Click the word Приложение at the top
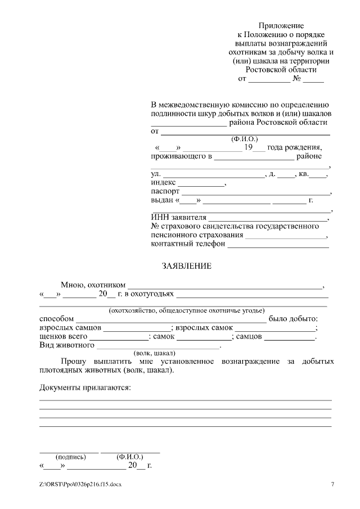pyautogui.click(x=281, y=26)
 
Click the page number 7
pyautogui.click(x=332, y=484)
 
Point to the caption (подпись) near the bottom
pyautogui.click(x=69, y=457)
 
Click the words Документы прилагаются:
pyautogui.click(x=84, y=388)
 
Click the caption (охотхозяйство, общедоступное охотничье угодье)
pyautogui.click(x=186, y=310)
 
